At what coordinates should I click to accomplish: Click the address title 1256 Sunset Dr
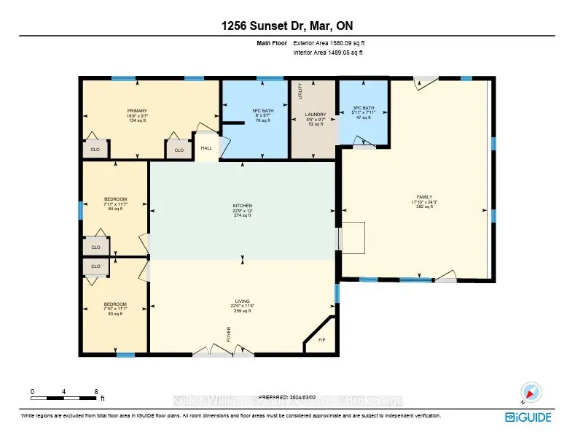(x=287, y=26)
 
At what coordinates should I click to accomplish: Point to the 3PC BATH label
(x=363, y=108)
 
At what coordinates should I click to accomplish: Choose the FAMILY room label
(x=424, y=197)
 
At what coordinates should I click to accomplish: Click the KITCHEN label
(x=242, y=206)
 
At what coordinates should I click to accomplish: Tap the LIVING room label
(x=242, y=301)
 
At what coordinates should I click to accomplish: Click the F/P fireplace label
(x=321, y=340)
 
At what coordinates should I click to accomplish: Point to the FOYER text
(x=227, y=334)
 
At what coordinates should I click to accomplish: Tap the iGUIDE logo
(x=528, y=417)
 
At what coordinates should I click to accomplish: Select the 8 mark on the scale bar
(x=96, y=392)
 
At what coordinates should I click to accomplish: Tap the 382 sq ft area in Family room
(x=424, y=207)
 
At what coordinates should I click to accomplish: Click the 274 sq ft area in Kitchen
(x=242, y=215)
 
